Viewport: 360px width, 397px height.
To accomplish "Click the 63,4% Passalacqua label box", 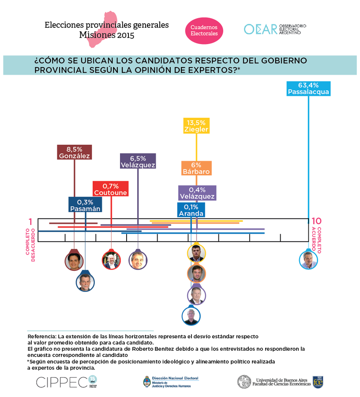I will tap(308, 89).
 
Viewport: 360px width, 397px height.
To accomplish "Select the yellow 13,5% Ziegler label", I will tap(196, 126).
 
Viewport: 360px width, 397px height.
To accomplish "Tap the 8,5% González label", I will tap(74, 152).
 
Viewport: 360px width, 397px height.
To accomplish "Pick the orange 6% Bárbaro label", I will tap(196, 168).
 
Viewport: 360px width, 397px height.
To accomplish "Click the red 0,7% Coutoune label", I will tap(110, 189).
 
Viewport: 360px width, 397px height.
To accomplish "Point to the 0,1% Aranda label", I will tap(191, 210).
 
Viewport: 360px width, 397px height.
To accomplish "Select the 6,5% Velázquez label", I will tap(138, 161).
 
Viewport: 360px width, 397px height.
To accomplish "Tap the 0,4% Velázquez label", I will tap(197, 193).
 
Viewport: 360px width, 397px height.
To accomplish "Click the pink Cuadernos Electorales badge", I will tap(204, 30).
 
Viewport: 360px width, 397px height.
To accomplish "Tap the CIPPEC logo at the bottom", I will tap(62, 382).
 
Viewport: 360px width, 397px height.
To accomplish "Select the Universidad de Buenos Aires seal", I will tap(244, 382).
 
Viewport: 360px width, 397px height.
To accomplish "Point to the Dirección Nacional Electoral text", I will tap(175, 378).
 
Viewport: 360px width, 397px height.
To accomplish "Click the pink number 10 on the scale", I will tap(316, 221).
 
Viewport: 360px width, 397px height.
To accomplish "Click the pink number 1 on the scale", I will tap(30, 221).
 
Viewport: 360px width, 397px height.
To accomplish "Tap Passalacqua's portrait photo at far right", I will tap(308, 260).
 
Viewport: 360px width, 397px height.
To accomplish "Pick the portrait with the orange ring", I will tap(196, 273).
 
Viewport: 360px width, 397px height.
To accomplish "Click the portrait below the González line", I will tap(74, 261).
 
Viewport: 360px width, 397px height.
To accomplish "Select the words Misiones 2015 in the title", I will tap(106, 35).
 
